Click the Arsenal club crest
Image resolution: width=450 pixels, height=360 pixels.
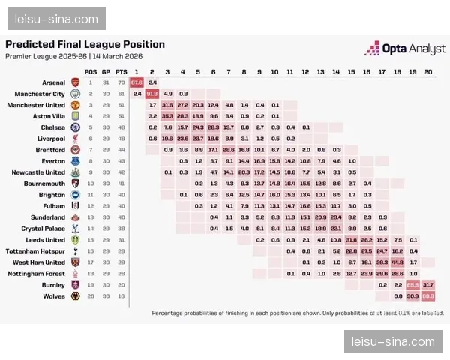(x=74, y=82)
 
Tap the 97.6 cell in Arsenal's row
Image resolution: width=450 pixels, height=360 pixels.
(x=136, y=82)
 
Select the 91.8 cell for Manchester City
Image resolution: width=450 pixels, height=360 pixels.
(x=152, y=94)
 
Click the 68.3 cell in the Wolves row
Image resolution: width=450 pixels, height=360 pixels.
(x=427, y=296)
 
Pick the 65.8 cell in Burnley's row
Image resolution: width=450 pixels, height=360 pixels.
(x=412, y=285)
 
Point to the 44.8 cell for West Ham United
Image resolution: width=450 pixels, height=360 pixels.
(x=397, y=262)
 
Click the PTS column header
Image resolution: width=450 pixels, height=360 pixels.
(x=120, y=71)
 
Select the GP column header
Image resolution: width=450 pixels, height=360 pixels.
(x=105, y=71)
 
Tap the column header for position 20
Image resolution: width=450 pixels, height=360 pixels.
(x=427, y=71)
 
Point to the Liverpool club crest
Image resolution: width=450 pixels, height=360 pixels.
(x=74, y=139)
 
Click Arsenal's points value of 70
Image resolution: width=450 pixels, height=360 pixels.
(x=120, y=82)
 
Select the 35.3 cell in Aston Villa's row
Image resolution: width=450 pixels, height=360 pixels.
(x=167, y=116)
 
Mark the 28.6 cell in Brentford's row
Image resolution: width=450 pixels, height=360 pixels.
(x=229, y=150)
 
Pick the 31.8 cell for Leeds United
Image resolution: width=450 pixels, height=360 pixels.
(x=351, y=240)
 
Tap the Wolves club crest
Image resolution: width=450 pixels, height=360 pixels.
(x=74, y=296)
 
